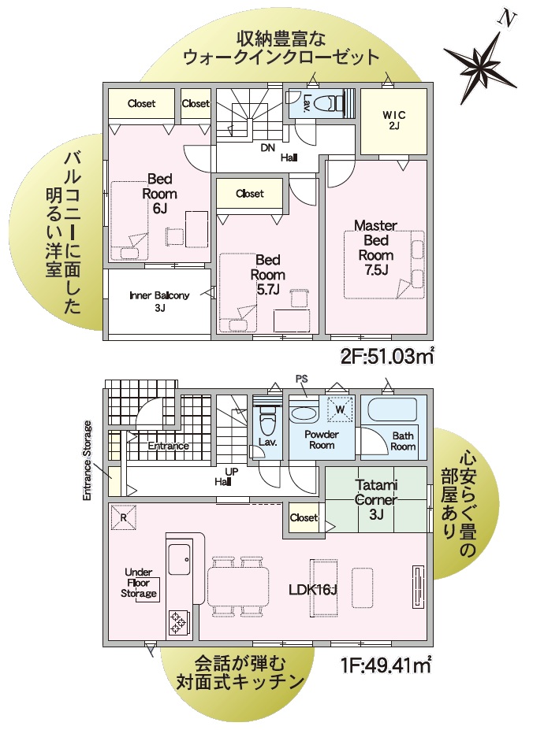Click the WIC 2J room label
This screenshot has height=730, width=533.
tap(394, 120)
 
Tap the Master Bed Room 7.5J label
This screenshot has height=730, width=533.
tap(376, 247)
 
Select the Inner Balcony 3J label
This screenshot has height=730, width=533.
tap(159, 302)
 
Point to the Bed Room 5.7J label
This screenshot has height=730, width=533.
tap(268, 274)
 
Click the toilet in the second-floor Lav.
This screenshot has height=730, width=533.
tap(328, 102)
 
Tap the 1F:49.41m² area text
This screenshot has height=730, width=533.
tap(384, 665)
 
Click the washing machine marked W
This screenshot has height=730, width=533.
tap(340, 409)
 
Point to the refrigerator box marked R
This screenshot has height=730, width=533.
tap(124, 517)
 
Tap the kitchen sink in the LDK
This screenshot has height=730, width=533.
tap(180, 559)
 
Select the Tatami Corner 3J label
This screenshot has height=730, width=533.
tap(376, 499)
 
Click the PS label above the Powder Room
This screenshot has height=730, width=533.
tap(302, 379)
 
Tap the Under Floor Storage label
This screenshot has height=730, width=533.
tap(139, 583)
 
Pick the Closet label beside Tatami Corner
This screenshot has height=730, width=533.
tap(304, 517)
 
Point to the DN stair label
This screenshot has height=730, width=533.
tap(267, 147)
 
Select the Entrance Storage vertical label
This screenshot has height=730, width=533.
tap(88, 461)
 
